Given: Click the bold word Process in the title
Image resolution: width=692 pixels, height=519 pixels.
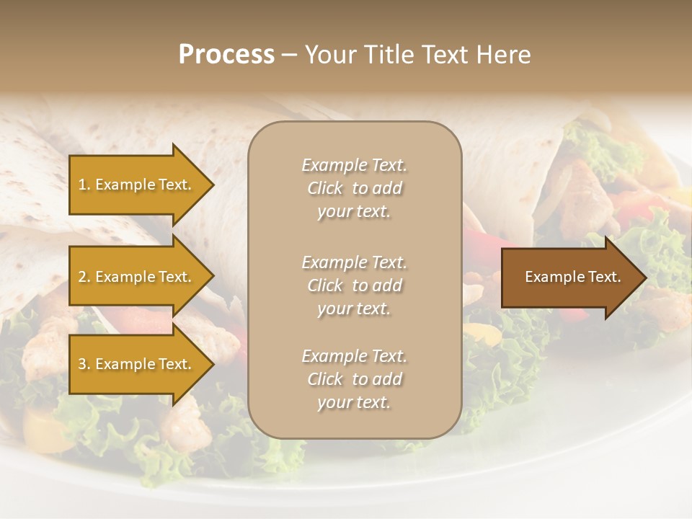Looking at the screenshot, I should tap(226, 55).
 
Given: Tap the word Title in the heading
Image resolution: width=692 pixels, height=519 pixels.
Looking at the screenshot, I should tap(390, 55).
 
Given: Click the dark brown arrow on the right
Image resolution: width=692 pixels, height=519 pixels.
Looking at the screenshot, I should tap(569, 278).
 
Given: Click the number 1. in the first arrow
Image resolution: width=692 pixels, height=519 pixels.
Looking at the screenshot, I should tap(84, 185).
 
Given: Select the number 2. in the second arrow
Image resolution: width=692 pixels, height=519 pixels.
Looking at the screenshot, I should tap(84, 277).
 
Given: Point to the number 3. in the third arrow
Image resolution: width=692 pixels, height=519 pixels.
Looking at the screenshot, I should tap(84, 364).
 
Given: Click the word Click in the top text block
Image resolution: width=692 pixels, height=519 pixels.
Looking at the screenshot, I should tap(325, 188).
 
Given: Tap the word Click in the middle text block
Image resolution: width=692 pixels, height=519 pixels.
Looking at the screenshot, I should tap(325, 285).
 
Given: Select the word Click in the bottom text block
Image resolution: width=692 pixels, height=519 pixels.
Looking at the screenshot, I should tap(325, 379).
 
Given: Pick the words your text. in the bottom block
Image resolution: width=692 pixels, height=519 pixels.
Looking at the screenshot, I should tap(354, 402).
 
